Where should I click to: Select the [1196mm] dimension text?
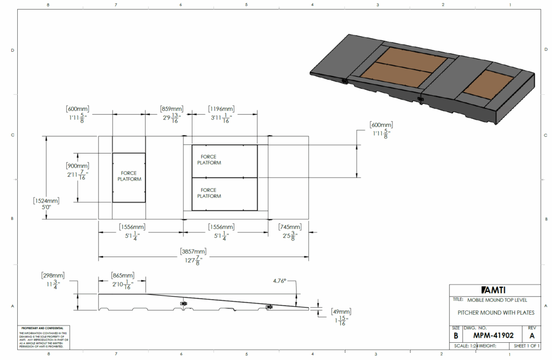point(221,109)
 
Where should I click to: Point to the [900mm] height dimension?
point(78,166)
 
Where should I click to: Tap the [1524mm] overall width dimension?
point(46,200)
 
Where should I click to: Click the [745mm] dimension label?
point(289,227)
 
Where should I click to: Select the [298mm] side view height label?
point(53,275)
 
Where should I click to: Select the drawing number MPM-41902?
point(489,335)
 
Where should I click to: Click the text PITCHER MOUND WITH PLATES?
point(495,313)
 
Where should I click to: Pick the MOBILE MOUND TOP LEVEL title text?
point(497,300)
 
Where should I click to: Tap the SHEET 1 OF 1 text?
point(527,345)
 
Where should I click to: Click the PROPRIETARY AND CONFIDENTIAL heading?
point(42,328)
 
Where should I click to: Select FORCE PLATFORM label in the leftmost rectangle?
point(129,176)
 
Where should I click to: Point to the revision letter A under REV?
point(532,335)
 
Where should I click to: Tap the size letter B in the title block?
point(456,335)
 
